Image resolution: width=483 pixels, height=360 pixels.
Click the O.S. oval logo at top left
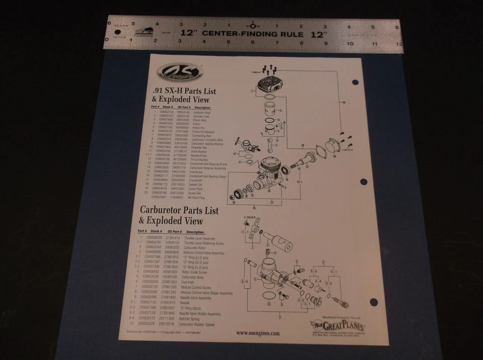(x=179, y=73)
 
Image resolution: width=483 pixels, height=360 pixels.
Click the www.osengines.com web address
(x=257, y=333)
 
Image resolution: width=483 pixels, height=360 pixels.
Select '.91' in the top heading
(x=157, y=91)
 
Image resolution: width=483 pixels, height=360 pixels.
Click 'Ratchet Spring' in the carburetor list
(x=192, y=318)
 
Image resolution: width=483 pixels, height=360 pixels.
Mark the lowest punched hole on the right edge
(x=373, y=302)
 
